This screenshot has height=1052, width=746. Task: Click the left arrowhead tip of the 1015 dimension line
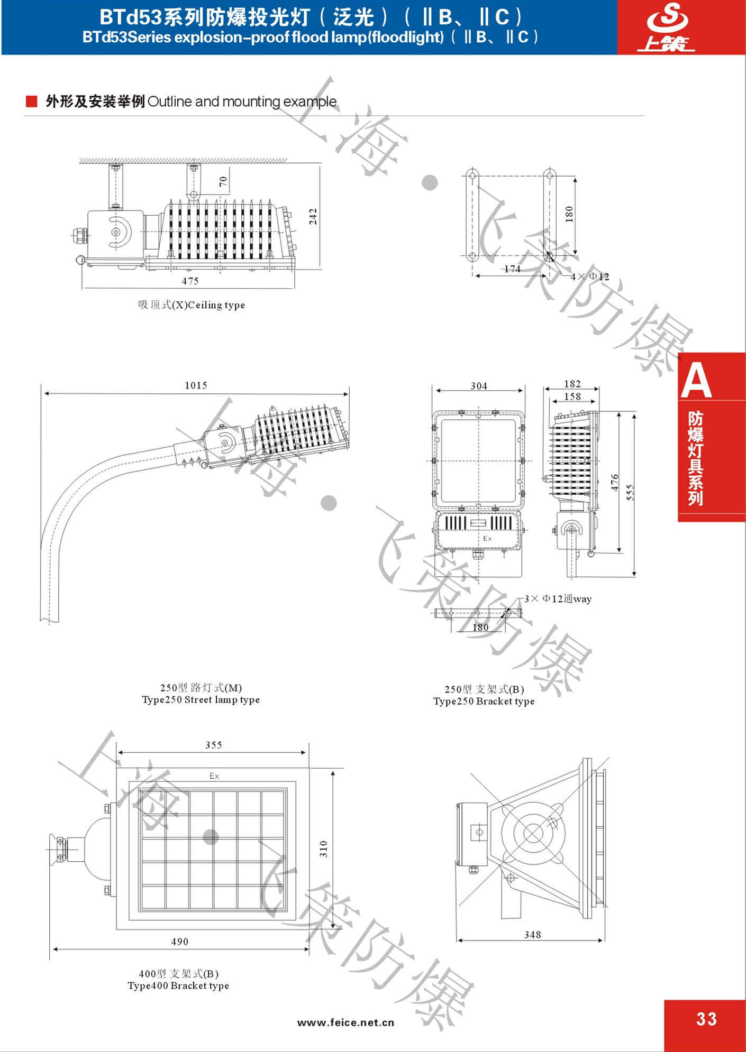point(44,393)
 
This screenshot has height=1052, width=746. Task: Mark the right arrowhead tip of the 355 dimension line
point(306,752)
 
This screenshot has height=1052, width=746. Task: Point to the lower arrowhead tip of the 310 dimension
point(333,928)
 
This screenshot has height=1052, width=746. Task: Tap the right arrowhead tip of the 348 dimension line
point(603,940)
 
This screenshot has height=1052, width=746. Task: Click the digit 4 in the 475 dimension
point(184,281)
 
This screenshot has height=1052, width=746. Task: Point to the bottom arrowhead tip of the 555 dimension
point(634,576)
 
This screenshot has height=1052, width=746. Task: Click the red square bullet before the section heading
point(32,101)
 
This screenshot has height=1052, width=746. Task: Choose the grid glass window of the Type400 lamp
point(213,850)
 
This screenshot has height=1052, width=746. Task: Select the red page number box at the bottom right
point(705,1025)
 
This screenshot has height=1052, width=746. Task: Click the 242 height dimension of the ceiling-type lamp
point(313,216)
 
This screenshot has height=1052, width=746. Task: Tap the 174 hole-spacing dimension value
point(512,269)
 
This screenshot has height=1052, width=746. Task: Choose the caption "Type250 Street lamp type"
point(201,700)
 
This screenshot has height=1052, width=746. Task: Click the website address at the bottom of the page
point(346,1022)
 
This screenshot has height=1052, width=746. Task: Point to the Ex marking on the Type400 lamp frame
point(214,776)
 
